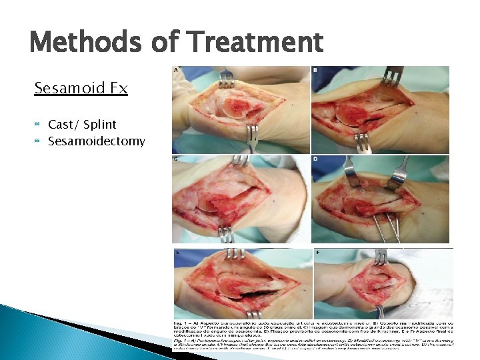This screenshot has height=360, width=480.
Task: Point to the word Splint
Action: tap(99, 124)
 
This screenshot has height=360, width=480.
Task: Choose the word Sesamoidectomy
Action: tap(96, 141)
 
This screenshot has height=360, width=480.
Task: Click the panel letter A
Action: tap(176, 70)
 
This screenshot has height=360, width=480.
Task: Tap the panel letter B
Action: tap(315, 70)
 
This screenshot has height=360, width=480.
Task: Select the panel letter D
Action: tap(315, 160)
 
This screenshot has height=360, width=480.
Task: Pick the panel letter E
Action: tap(176, 253)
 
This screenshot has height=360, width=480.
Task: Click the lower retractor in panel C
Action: tap(227, 235)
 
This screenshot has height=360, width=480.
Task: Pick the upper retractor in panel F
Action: tap(382, 257)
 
